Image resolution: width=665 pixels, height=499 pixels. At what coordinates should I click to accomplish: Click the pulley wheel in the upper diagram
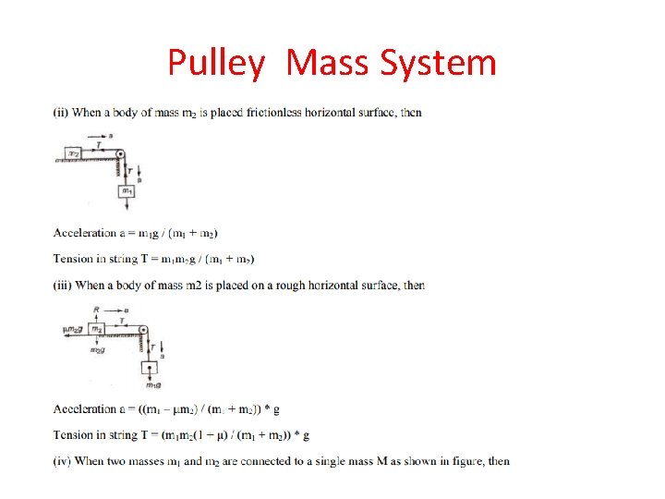(x=120, y=154)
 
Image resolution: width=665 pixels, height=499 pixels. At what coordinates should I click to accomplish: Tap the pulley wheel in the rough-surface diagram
(x=142, y=330)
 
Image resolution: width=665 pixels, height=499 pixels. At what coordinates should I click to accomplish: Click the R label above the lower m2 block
(x=96, y=310)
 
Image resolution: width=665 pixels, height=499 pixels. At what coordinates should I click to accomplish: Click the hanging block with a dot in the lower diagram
(x=149, y=369)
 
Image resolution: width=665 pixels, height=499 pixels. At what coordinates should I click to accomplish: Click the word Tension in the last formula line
(x=74, y=434)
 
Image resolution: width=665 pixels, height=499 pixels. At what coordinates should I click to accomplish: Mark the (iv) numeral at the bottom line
(x=62, y=461)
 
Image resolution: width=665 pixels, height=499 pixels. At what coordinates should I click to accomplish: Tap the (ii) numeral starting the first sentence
(x=61, y=113)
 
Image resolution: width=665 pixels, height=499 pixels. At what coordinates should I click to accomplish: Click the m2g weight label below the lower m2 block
(x=96, y=350)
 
